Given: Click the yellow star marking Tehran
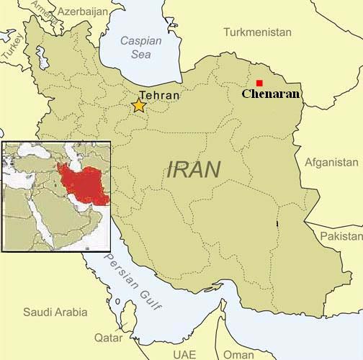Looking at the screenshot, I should pos(139,106).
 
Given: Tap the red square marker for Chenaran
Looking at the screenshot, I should pos(259,83).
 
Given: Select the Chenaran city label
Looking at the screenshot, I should pos(271,94).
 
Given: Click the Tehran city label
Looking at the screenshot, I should pos(160,94).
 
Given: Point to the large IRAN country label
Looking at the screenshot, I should pos(194,170).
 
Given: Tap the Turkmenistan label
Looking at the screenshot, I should pos(257,32).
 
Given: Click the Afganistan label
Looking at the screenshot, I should pos(331,163).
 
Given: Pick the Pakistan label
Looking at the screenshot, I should pos(341,236).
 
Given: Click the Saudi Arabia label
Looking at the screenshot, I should pos(55,312).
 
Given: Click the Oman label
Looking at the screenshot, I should pos(238,354).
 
